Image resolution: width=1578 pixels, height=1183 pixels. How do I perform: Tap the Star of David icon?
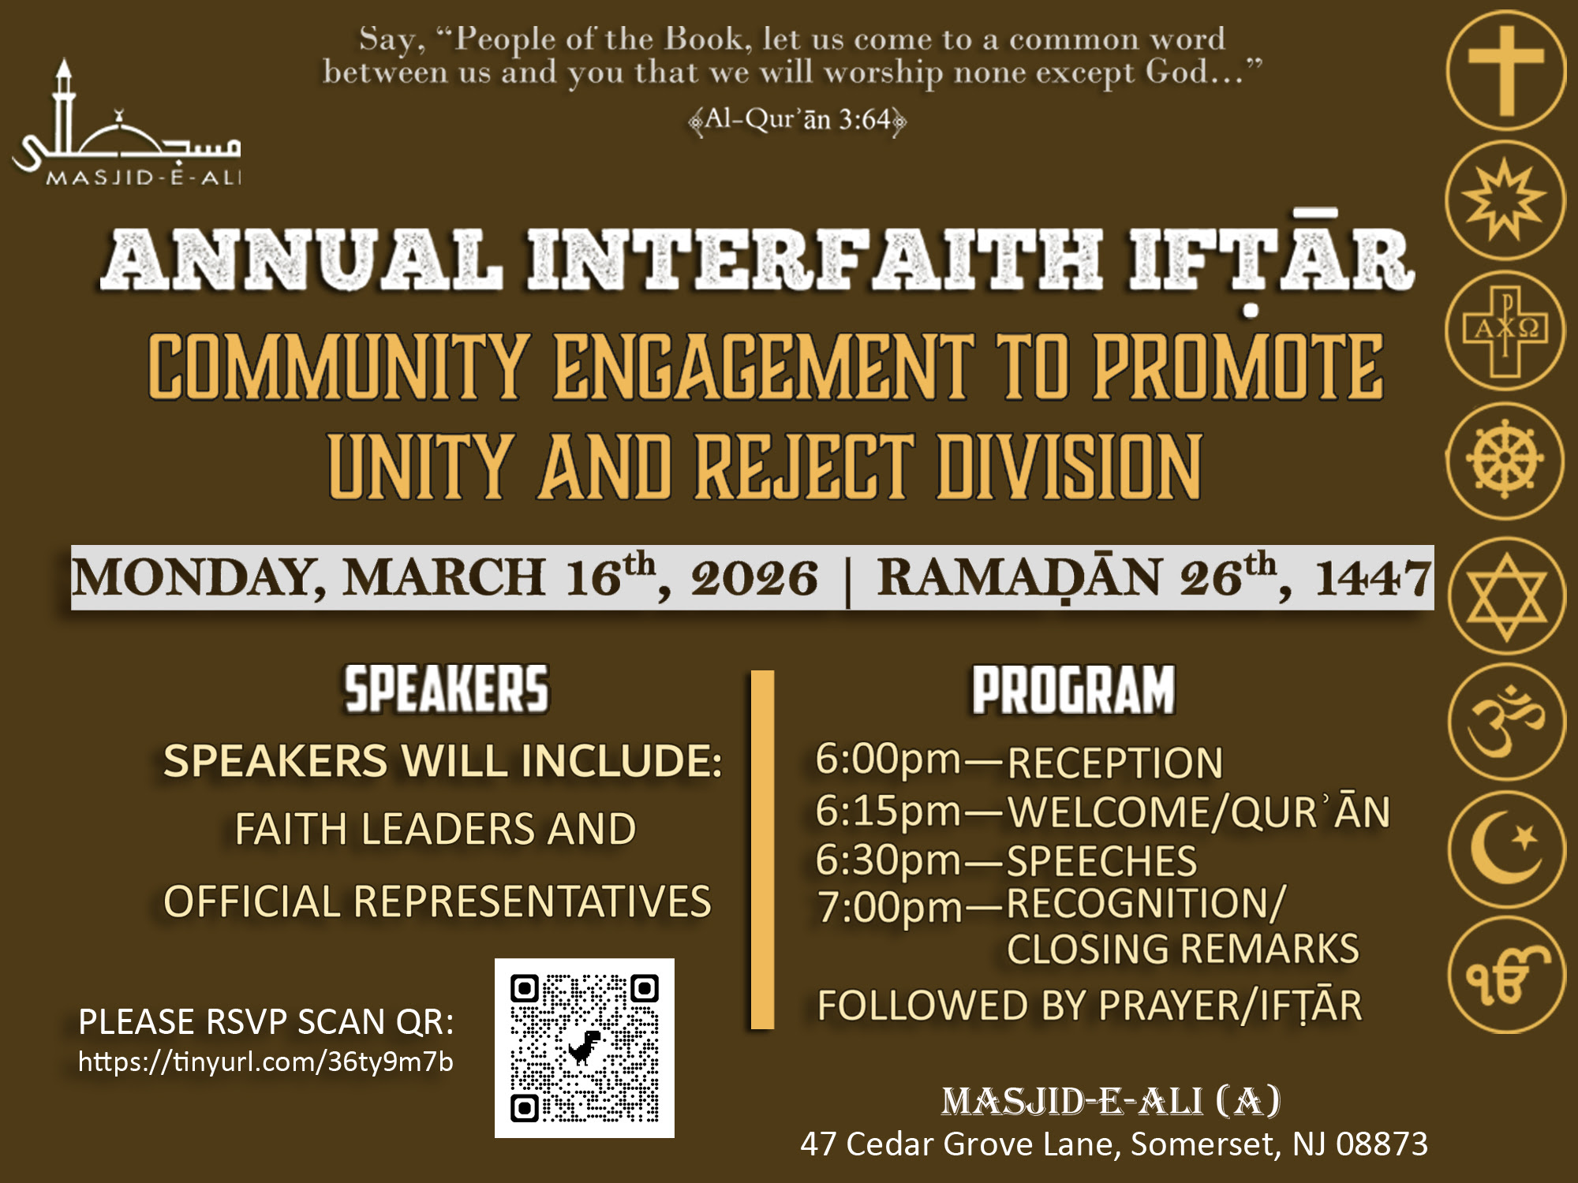pos(1506,596)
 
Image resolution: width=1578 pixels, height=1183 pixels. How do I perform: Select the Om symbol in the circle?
pos(1506,722)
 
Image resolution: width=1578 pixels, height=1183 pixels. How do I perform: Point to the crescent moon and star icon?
pos(1506,849)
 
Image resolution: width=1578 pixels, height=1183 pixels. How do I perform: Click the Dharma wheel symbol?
pos(1505,460)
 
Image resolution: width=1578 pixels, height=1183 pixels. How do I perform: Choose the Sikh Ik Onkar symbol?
pos(1506,975)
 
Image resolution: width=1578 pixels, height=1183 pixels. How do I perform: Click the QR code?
pos(585,1048)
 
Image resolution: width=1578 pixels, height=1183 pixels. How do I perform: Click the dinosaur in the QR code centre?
pos(584,1047)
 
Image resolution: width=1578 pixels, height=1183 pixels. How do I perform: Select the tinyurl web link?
pos(266,1062)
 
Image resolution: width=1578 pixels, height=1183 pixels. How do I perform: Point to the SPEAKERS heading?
pos(446,689)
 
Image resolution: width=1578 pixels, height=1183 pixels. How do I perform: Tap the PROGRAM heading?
pos(1074,690)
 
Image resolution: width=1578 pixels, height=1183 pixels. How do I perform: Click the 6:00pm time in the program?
pos(888,759)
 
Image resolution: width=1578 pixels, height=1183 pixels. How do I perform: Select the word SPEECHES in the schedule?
pos(1102,861)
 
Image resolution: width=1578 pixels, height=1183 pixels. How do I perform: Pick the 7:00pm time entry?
pos(889,907)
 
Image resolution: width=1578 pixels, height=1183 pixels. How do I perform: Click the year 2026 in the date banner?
pos(754,578)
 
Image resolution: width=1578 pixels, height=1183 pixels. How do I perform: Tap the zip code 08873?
pos(1382,1144)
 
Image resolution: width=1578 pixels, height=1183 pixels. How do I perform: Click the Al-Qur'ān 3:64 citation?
pos(797,120)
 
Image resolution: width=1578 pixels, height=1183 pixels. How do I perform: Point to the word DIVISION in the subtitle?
pos(1069,467)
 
